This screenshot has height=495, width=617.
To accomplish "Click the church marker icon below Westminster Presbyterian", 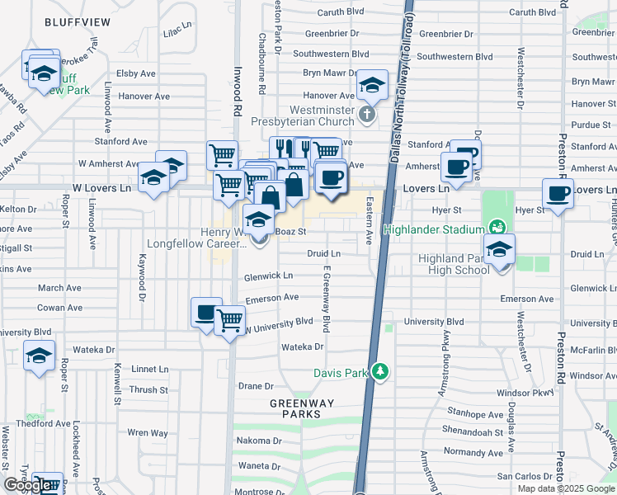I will click(370, 113).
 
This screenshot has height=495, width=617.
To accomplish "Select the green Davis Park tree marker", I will click(379, 372).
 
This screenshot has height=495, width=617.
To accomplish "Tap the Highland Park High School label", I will click(454, 264).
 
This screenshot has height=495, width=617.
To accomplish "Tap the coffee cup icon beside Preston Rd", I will click(558, 194).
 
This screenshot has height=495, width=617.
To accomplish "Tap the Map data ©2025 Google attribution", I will click(565, 488).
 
